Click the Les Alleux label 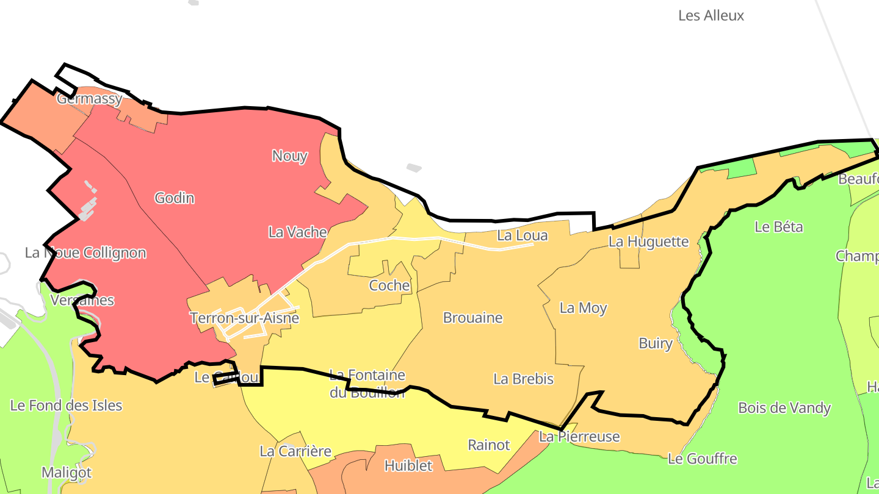[x=711, y=16]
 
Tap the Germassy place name [x=89, y=99]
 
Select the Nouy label [x=289, y=156]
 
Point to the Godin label [x=175, y=198]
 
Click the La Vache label [x=297, y=232]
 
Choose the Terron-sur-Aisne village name [x=244, y=318]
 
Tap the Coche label [x=389, y=285]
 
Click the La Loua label [x=522, y=236]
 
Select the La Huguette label [x=648, y=242]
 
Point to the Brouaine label [x=472, y=318]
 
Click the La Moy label [x=583, y=308]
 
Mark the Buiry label [x=655, y=343]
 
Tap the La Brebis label [x=523, y=379]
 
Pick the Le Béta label [x=778, y=227]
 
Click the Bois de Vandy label [x=784, y=408]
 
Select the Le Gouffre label [x=702, y=459]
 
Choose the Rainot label [x=488, y=445]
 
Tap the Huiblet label [x=408, y=466]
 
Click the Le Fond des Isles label [x=66, y=406]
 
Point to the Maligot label [x=67, y=473]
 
